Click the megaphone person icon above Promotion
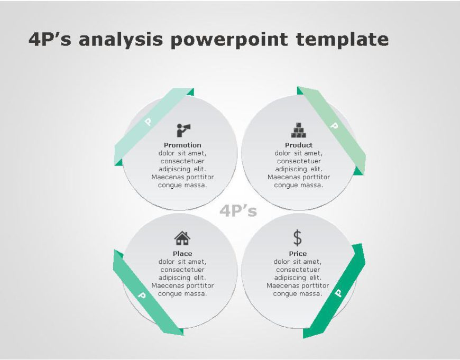tap(183, 130)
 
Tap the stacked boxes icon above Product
tap(299, 130)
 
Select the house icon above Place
tap(182, 238)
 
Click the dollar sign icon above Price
tap(298, 238)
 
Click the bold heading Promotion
tap(182, 145)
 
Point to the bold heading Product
tap(299, 145)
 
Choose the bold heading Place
tap(182, 254)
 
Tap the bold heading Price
tap(298, 254)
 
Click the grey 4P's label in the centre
tap(238, 210)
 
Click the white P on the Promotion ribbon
tap(149, 122)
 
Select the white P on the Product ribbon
tap(334, 126)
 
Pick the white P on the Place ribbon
tap(142, 295)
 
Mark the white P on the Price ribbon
tap(338, 293)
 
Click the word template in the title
tap(343, 39)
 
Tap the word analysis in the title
tap(121, 40)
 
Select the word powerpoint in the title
tap(229, 40)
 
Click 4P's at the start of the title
tap(50, 39)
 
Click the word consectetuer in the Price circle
tap(298, 270)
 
